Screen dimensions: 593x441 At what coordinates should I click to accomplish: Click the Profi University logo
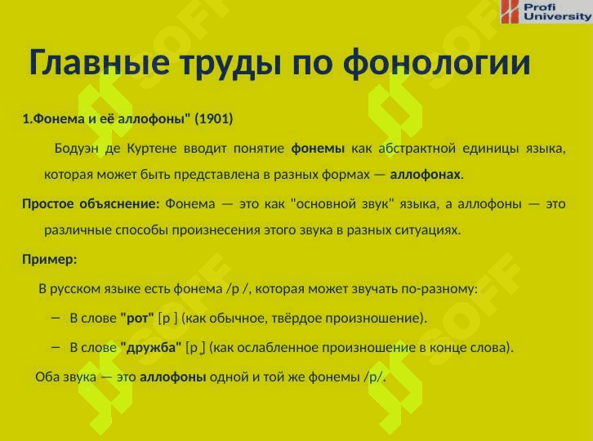[x=546, y=11]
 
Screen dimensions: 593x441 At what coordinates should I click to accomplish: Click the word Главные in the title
[x=99, y=61]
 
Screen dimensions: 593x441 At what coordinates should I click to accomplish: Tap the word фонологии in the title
[x=436, y=63]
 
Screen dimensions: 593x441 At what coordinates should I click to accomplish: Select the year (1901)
[x=214, y=118]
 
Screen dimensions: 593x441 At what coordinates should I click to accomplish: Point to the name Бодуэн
[x=77, y=149]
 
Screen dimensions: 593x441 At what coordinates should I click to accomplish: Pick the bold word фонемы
[x=318, y=149]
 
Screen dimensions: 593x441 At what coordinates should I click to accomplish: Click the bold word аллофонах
[x=425, y=174]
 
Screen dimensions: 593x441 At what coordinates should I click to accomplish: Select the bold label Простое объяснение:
[x=91, y=204]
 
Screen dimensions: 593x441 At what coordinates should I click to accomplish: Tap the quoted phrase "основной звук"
[x=342, y=204]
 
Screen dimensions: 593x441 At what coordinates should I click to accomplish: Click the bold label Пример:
[x=49, y=260]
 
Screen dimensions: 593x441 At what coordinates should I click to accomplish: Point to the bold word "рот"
[x=137, y=318]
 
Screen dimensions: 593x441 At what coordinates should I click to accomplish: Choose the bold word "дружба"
[x=151, y=347]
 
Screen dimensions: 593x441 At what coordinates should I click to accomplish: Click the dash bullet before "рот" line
[x=56, y=318]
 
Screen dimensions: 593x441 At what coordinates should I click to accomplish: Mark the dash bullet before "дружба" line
[x=56, y=348]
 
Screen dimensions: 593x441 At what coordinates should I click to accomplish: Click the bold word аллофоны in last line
[x=173, y=377]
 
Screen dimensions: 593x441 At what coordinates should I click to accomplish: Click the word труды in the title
[x=230, y=63]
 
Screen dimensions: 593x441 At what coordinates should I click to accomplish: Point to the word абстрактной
[x=417, y=149]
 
